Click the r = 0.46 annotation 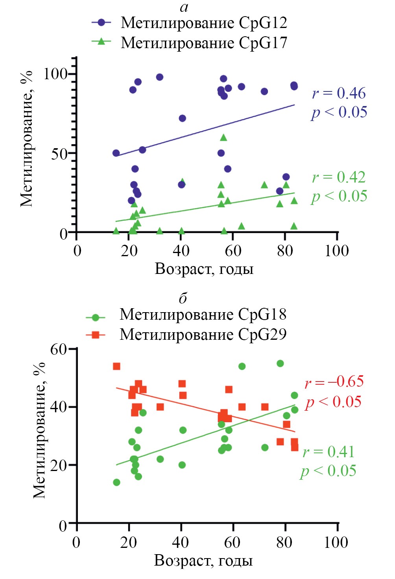pyautogui.click(x=339, y=93)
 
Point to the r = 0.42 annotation pyautogui.click(x=339, y=177)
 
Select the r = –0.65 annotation pyautogui.click(x=334, y=382)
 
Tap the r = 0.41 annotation pyautogui.click(x=329, y=452)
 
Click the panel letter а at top pyautogui.click(x=184, y=7)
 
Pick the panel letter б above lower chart pyautogui.click(x=183, y=298)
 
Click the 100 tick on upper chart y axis pyautogui.click(x=55, y=74)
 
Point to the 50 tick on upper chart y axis pyautogui.click(x=59, y=153)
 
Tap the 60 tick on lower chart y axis pyautogui.click(x=59, y=349)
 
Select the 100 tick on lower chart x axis pyautogui.click(x=336, y=542)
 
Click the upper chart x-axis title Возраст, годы pyautogui.click(x=204, y=269)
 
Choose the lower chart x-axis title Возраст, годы pyautogui.click(x=203, y=560)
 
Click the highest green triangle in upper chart pyautogui.click(x=223, y=138)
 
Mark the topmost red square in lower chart pyautogui.click(x=116, y=367)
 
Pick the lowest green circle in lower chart pyautogui.click(x=116, y=482)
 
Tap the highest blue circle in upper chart pyautogui.click(x=160, y=77)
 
